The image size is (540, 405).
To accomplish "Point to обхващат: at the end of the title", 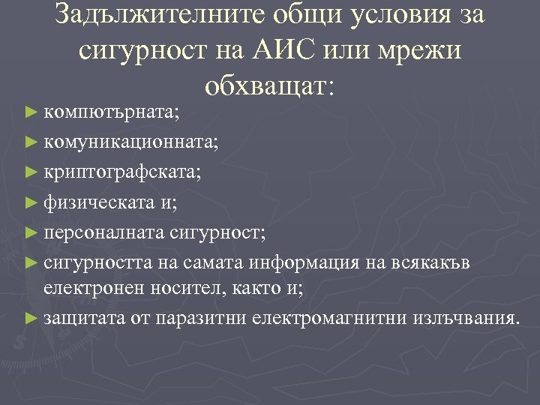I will click(x=269, y=86).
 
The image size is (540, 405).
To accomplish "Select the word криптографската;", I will click(x=122, y=172).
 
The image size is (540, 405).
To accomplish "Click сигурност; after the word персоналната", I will click(x=218, y=230).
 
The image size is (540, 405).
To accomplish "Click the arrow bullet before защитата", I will click(x=30, y=317).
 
